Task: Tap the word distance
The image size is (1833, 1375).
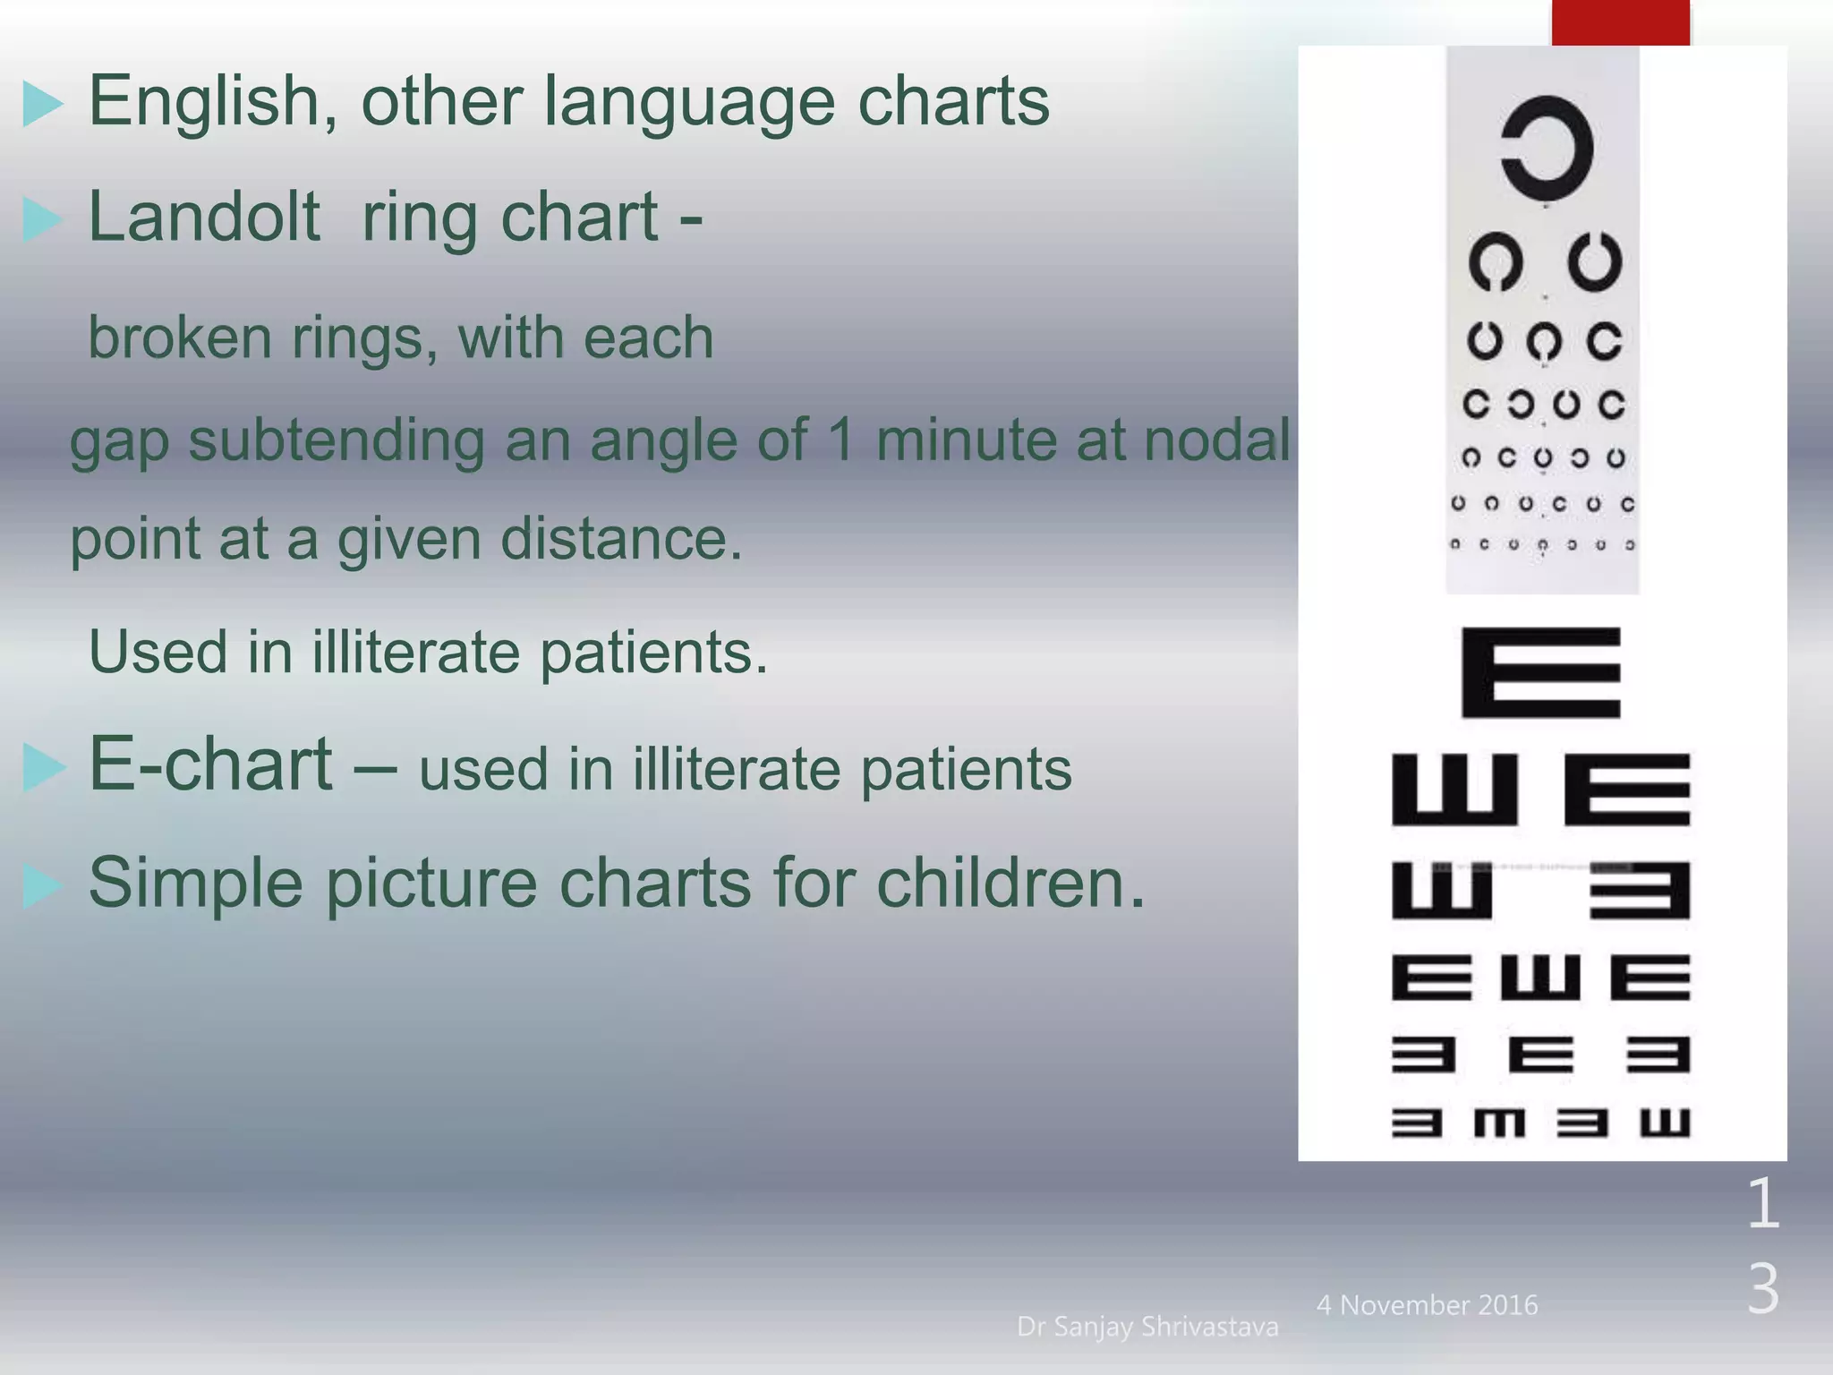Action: point(620,539)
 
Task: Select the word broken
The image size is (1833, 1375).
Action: point(180,337)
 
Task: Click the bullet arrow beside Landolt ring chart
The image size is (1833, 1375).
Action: point(42,220)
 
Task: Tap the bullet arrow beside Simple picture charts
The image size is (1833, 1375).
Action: point(42,886)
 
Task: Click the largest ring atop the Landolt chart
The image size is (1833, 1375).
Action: point(1547,148)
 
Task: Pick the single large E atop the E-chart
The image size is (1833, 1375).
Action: point(1541,672)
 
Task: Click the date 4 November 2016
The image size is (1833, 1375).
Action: point(1427,1305)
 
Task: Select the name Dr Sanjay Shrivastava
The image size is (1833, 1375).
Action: point(1147,1327)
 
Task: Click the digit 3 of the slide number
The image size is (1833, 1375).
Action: point(1763,1289)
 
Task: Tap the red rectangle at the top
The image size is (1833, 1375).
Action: point(1620,22)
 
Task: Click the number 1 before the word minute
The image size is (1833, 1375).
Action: point(840,440)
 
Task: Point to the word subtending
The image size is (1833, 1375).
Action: point(335,441)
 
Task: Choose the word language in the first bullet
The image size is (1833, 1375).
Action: point(690,102)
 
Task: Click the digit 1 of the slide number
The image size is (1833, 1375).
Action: point(1763,1203)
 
